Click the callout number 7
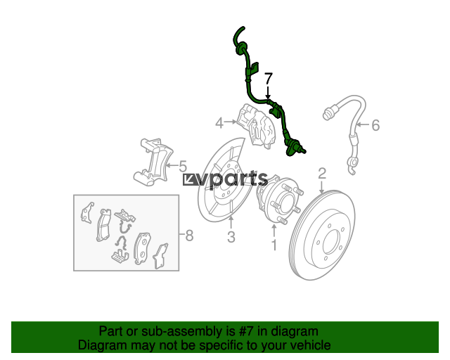point(269,78)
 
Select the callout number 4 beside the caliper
point(219,124)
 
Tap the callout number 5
point(183,166)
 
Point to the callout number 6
point(375,125)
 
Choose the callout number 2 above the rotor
point(322,174)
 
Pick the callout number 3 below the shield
point(231,237)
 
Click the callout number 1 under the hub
point(274,245)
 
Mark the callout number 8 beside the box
point(189,236)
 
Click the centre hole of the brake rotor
point(332,241)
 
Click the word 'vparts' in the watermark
point(233,179)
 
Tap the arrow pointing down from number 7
point(268,92)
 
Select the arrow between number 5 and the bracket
point(172,165)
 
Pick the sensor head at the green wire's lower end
point(295,148)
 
